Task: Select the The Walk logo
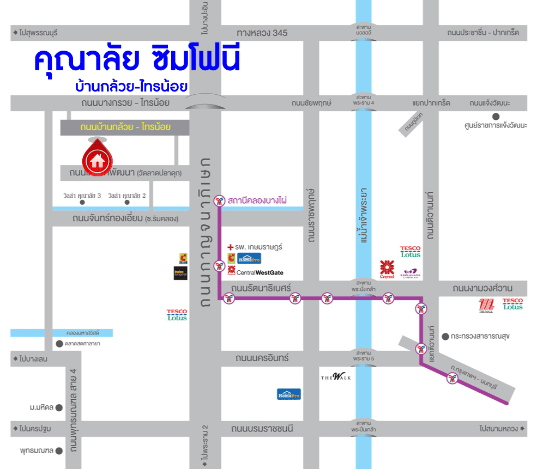[336, 376]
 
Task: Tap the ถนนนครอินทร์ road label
[262, 358]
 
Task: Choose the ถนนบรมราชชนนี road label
[261, 429]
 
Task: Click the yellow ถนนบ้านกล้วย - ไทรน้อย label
[125, 127]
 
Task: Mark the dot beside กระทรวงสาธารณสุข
[445, 336]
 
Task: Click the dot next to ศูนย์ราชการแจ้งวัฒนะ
[496, 116]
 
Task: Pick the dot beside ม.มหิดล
[59, 407]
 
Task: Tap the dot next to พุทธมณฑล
[59, 450]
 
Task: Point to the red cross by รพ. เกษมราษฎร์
[230, 247]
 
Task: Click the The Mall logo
[485, 306]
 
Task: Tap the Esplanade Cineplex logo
[411, 273]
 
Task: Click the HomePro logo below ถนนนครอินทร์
[288, 394]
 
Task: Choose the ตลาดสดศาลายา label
[82, 344]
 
